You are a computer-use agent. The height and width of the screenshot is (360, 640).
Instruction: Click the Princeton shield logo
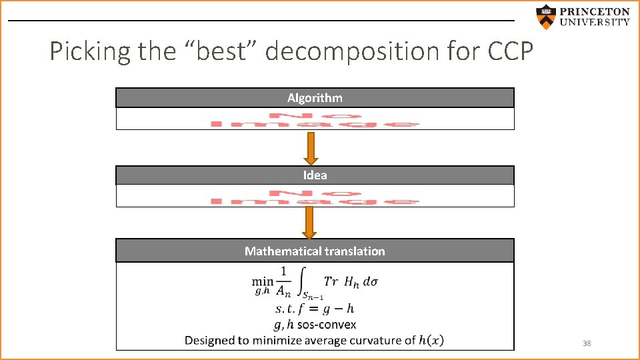click(x=546, y=17)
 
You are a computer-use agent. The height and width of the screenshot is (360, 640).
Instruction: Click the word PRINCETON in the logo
click(x=594, y=11)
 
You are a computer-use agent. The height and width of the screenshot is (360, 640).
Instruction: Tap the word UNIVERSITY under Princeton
click(x=594, y=22)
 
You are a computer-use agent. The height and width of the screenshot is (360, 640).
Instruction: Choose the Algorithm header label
click(x=315, y=98)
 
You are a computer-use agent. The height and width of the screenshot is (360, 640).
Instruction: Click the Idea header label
click(x=315, y=175)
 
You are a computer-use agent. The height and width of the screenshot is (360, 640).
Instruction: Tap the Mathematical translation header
click(x=315, y=251)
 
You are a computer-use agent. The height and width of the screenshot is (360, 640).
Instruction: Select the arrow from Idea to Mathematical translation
click(x=309, y=222)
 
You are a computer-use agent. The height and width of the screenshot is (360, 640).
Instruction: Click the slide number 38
click(x=587, y=343)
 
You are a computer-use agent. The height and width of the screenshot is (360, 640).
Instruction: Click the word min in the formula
click(x=262, y=282)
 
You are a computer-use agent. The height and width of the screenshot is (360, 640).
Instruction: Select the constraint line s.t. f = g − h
click(x=315, y=309)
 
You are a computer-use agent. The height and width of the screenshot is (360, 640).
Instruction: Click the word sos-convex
click(x=333, y=325)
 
